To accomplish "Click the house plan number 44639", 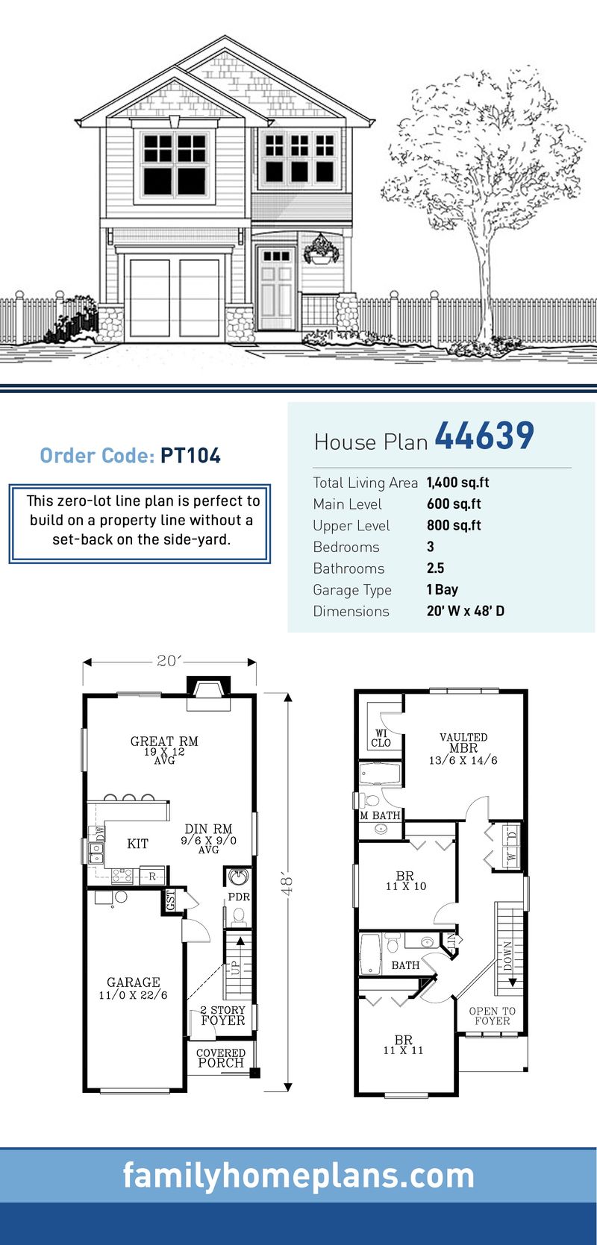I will (x=484, y=436).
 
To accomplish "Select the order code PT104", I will (x=190, y=456).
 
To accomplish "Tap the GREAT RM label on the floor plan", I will (x=164, y=741).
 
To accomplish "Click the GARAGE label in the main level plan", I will (x=133, y=983).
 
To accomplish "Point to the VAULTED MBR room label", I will (x=463, y=743).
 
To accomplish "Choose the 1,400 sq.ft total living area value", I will (x=457, y=483).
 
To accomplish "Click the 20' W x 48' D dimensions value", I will (x=465, y=611).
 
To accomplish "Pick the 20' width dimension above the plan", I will (x=169, y=661).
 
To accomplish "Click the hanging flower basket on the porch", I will (x=322, y=250).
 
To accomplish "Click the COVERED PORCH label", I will (x=221, y=1058).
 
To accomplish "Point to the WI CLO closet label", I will (x=381, y=738).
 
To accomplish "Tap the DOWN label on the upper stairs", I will (x=507, y=956).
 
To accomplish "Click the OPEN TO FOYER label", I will (x=492, y=1016).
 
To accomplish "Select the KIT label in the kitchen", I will (x=137, y=844).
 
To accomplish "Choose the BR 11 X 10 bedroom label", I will (x=406, y=881).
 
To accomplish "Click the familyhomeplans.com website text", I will (x=298, y=1176).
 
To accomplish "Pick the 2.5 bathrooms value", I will (x=435, y=568).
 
